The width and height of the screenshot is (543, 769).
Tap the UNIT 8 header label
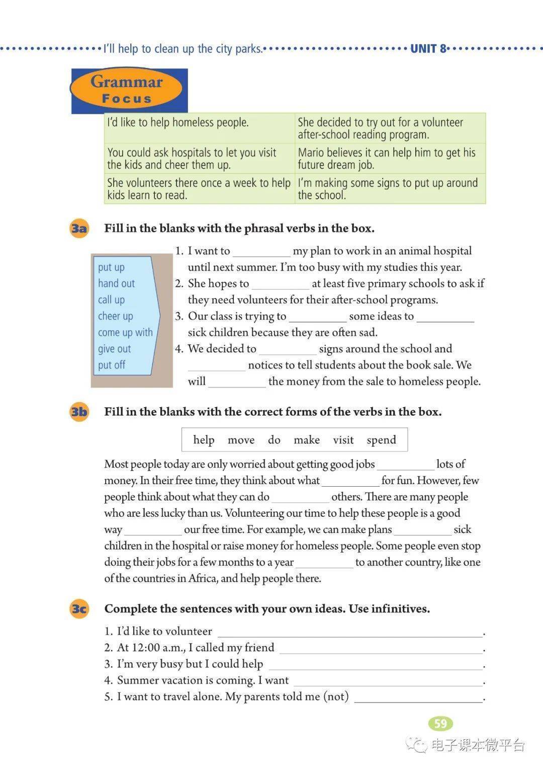click(x=428, y=49)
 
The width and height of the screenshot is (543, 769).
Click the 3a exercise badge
click(x=79, y=228)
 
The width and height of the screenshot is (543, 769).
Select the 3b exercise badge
click(x=79, y=412)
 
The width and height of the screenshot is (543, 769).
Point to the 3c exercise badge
click(x=79, y=609)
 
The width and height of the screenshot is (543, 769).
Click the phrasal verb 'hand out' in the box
click(x=116, y=283)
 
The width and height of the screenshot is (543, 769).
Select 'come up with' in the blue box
click(x=125, y=333)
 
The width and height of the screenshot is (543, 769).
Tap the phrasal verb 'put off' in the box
click(x=112, y=365)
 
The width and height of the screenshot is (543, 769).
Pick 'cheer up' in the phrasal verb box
click(x=115, y=316)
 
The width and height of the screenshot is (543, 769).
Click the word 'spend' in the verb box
click(x=381, y=440)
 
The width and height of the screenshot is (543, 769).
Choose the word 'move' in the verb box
click(x=241, y=440)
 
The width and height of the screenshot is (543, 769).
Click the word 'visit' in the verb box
click(x=343, y=440)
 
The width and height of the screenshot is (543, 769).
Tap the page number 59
click(x=440, y=724)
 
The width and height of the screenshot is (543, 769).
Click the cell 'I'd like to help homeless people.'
click(x=178, y=122)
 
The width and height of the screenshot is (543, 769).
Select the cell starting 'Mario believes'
click(x=386, y=159)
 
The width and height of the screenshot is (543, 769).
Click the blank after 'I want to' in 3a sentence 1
click(x=261, y=252)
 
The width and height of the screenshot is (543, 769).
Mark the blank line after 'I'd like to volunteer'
click(x=349, y=632)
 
